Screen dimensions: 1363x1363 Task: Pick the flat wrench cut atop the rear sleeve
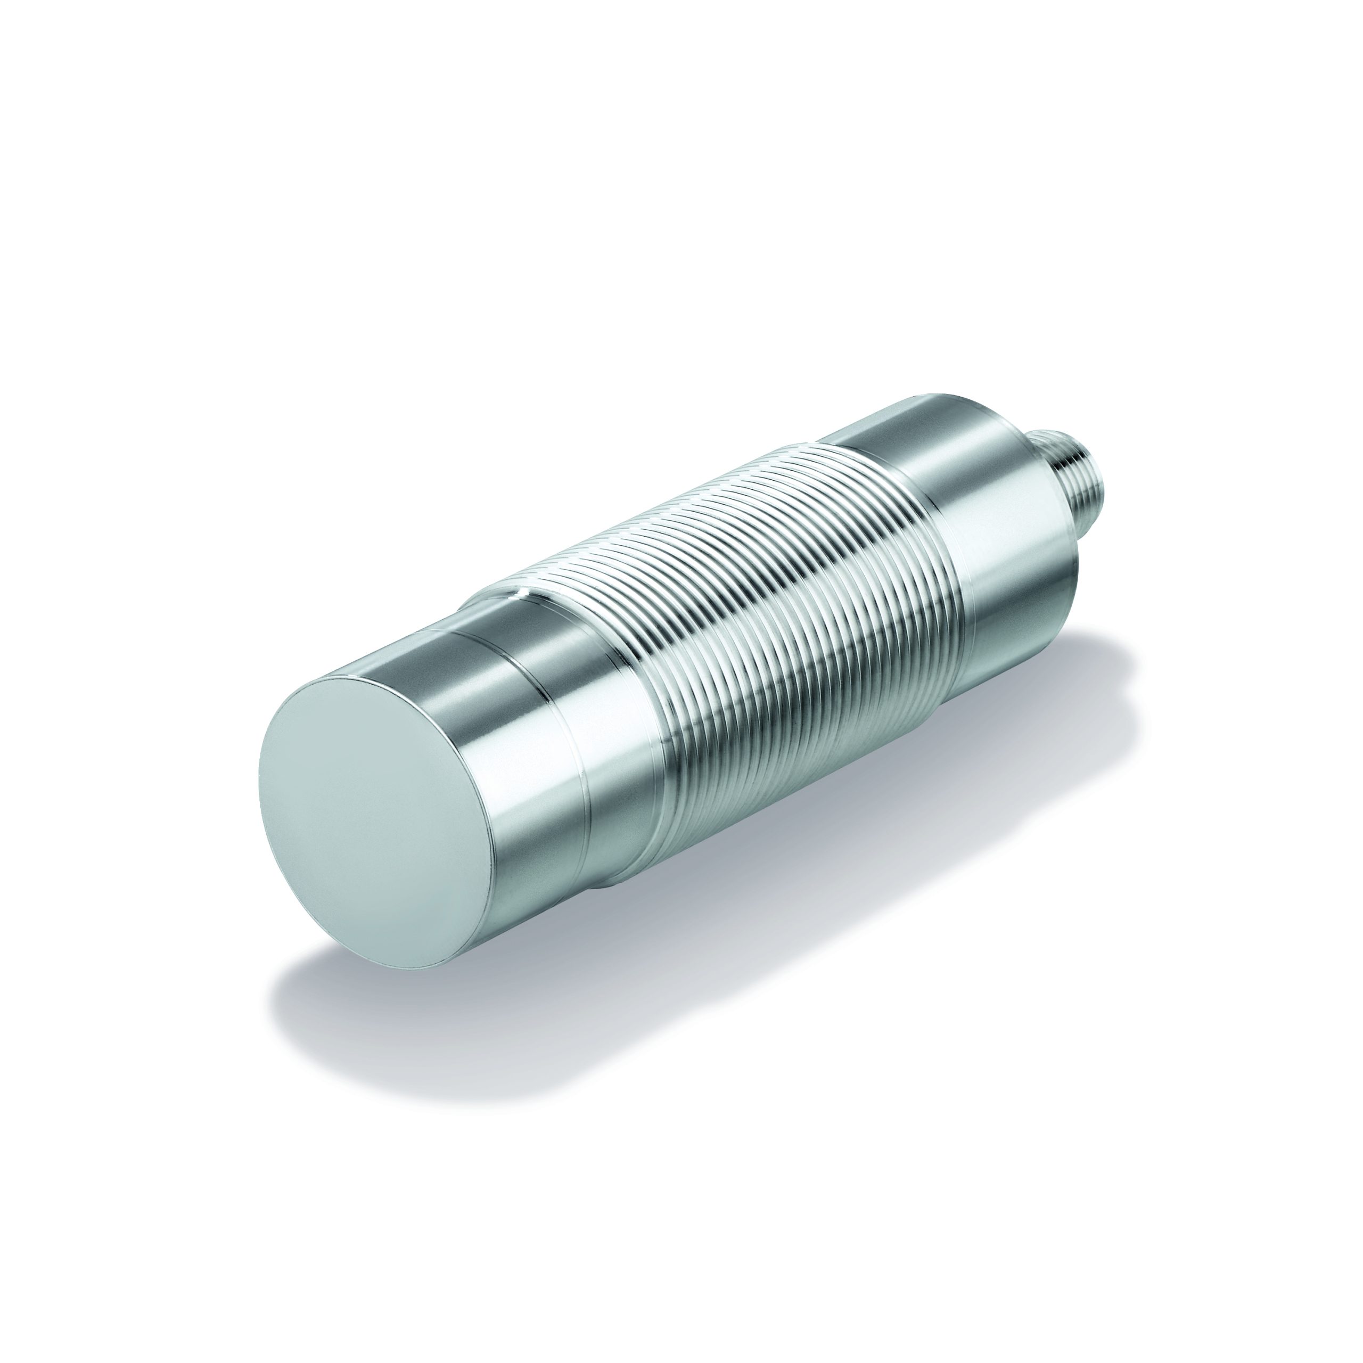click(x=910, y=416)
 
